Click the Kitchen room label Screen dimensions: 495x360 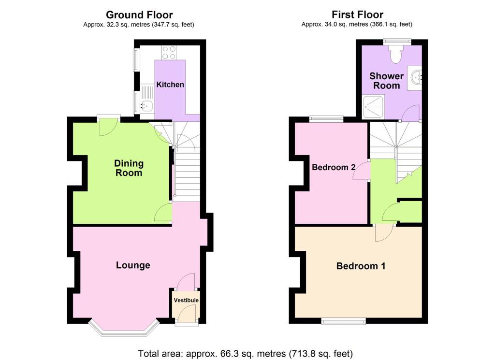[x=170, y=85]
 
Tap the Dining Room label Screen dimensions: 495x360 [x=129, y=168]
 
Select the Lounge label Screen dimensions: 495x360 [x=133, y=265]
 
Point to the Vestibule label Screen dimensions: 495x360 [x=186, y=300]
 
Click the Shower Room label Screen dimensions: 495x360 [x=386, y=81]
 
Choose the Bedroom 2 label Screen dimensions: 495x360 [x=334, y=167]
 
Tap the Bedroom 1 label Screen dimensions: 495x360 [x=361, y=266]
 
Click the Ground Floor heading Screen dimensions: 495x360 [x=139, y=15]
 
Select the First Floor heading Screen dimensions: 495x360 [x=357, y=14]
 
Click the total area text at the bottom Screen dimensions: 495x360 [x=245, y=353]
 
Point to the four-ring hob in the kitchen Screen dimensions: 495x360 [x=169, y=53]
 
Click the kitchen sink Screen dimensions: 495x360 [x=147, y=105]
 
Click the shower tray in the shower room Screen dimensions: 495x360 [x=374, y=107]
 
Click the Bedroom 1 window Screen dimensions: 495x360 [x=344, y=321]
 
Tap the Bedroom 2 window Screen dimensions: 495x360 [x=326, y=119]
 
